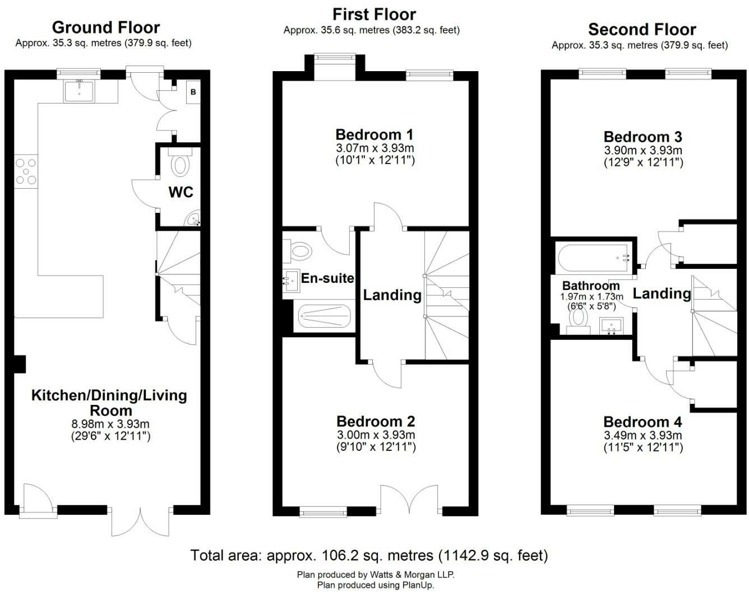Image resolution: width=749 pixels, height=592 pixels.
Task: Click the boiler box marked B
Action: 193,92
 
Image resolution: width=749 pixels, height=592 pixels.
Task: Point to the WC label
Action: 181,192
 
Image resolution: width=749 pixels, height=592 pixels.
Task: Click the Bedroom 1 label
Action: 374,134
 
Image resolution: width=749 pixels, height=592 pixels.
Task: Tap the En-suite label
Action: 327,278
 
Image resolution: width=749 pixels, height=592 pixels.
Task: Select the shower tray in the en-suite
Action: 325,316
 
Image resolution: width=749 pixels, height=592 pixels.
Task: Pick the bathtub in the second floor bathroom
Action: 595,258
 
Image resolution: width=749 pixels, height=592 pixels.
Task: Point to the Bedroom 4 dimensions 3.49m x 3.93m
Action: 643,435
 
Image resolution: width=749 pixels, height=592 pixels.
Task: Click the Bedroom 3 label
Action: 643,137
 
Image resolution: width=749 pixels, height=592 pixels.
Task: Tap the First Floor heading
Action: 374,15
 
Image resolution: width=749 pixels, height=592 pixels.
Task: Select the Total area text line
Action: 369,555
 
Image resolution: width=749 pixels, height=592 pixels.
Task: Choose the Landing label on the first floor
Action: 392,295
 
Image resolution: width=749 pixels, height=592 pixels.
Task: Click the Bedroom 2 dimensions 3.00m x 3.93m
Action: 376,435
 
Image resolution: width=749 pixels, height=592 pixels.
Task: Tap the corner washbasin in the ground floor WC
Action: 193,218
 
